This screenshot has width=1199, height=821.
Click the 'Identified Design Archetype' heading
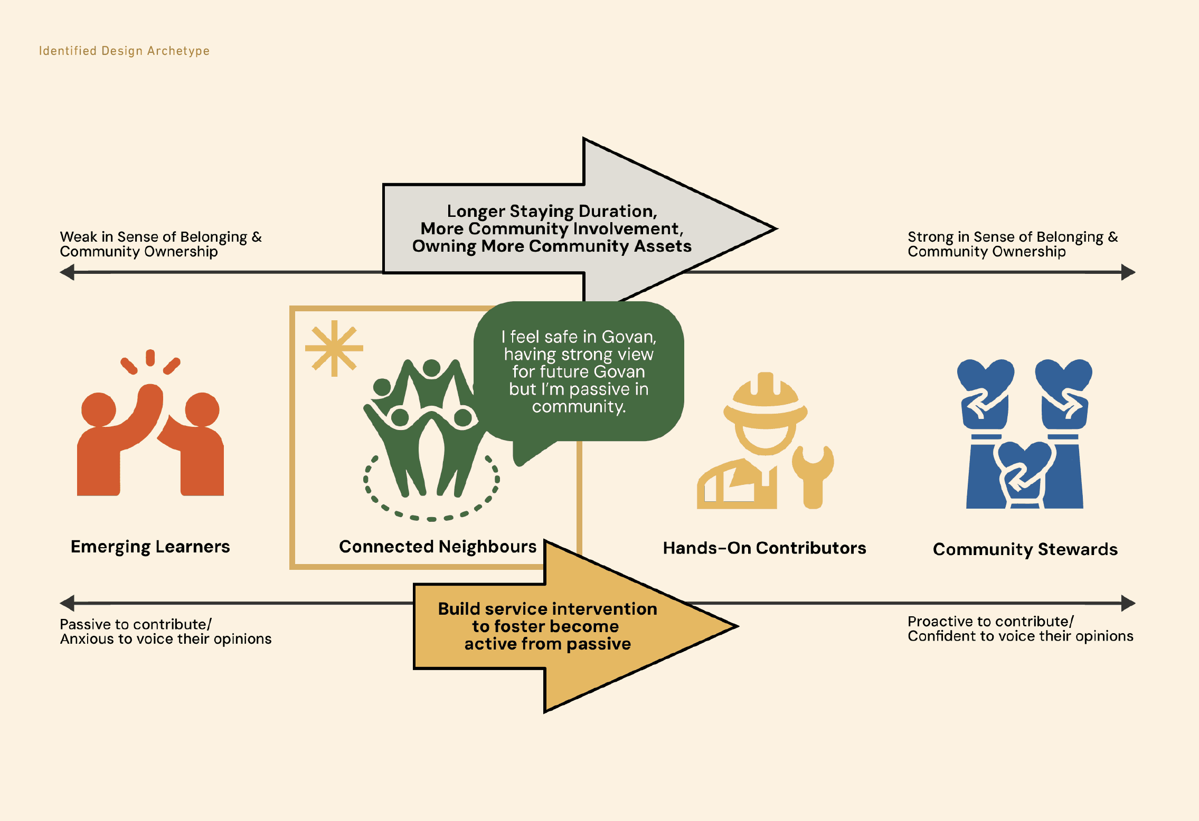point(124,51)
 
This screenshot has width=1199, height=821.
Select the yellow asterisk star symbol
point(334,348)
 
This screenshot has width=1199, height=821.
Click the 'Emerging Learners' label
point(150,547)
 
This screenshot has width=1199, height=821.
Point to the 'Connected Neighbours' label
point(438,547)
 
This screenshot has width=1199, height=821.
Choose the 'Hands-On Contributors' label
point(764,548)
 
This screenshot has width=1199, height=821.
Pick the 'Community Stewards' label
point(1025,549)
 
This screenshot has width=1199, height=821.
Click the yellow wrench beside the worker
point(813,475)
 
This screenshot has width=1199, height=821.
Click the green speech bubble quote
point(579,371)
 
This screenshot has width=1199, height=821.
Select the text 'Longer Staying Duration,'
point(552,211)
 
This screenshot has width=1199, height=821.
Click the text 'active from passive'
point(547,644)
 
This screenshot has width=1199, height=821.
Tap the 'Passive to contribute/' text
point(136,624)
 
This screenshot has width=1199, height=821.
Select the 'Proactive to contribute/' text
point(990,622)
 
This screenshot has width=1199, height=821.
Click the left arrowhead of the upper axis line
point(68,273)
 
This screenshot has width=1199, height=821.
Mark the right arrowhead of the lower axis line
point(1128,603)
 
